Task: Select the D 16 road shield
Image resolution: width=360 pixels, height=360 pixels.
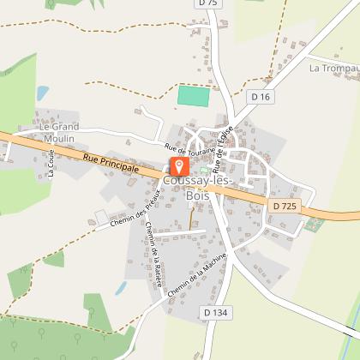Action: tap(261, 98)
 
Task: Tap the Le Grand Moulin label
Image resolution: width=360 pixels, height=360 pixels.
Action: tap(58, 133)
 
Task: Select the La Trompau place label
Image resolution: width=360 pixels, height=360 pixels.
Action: tap(333, 67)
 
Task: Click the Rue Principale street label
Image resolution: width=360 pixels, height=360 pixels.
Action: tap(111, 163)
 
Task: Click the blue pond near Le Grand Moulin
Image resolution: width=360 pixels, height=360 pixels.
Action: tap(42, 93)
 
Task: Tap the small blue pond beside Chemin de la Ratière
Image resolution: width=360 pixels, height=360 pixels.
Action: tap(121, 288)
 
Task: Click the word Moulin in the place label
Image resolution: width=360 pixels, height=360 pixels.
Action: tap(58, 139)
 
